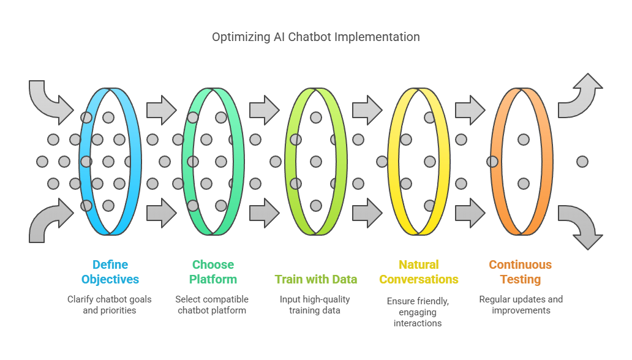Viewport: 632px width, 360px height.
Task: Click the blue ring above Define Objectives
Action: click(x=135, y=161)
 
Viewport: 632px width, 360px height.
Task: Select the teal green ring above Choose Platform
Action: click(x=239, y=161)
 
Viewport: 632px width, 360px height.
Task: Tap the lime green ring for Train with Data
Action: click(x=341, y=161)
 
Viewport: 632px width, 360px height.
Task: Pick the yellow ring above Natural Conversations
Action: click(x=444, y=161)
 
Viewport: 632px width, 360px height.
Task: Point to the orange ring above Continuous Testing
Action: click(x=547, y=161)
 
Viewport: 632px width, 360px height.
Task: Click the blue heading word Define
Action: click(x=110, y=264)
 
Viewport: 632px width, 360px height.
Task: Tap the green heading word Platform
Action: click(x=213, y=279)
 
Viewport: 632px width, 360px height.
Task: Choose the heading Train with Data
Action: click(x=316, y=279)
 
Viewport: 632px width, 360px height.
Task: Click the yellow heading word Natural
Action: click(x=419, y=264)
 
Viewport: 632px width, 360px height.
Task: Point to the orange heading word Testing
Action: click(x=521, y=279)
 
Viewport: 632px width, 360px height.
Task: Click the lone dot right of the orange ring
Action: click(x=582, y=162)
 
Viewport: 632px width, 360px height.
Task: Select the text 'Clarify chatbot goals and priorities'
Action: click(x=110, y=305)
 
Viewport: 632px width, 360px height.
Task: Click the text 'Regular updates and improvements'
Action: click(x=521, y=305)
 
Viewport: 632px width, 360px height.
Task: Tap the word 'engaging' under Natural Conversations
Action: click(x=418, y=312)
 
